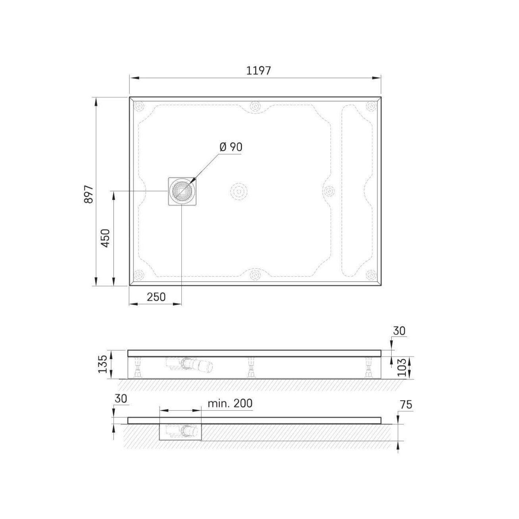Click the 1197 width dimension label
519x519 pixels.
[x=258, y=71]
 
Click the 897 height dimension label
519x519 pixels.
[x=89, y=194]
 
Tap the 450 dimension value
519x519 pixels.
[x=105, y=238]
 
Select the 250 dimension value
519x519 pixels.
[x=156, y=297]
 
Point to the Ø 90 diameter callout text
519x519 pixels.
[x=231, y=147]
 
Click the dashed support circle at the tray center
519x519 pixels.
[x=238, y=192]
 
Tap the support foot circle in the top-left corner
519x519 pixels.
[x=139, y=106]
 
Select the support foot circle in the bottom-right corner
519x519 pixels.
[x=371, y=275]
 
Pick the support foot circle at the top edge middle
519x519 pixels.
[x=255, y=106]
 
